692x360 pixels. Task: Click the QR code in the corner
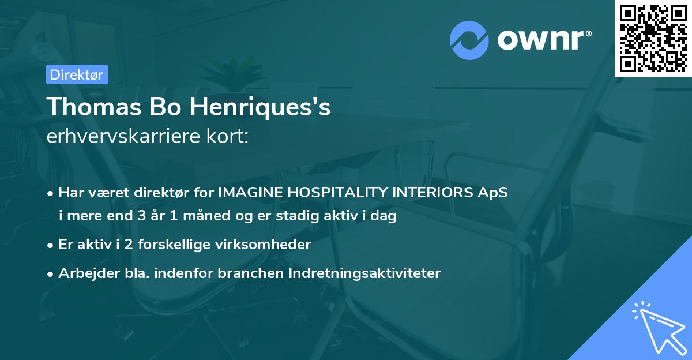pyautogui.click(x=653, y=38)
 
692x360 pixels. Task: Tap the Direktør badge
pyautogui.click(x=77, y=74)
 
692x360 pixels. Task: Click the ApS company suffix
pyautogui.click(x=495, y=193)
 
